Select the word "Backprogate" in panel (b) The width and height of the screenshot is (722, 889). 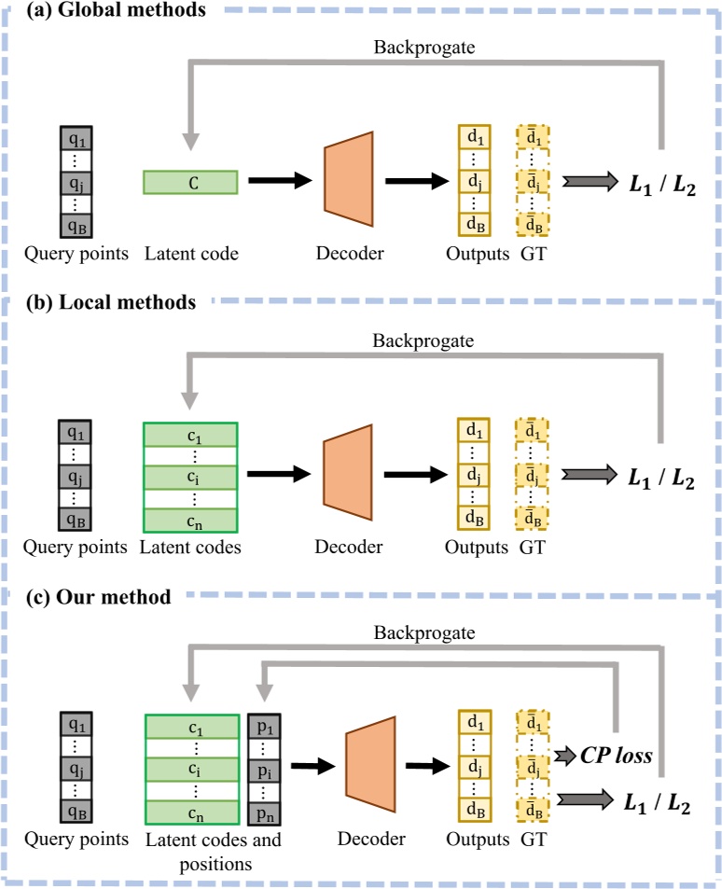[425, 339]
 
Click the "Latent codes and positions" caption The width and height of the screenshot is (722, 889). [213, 851]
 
